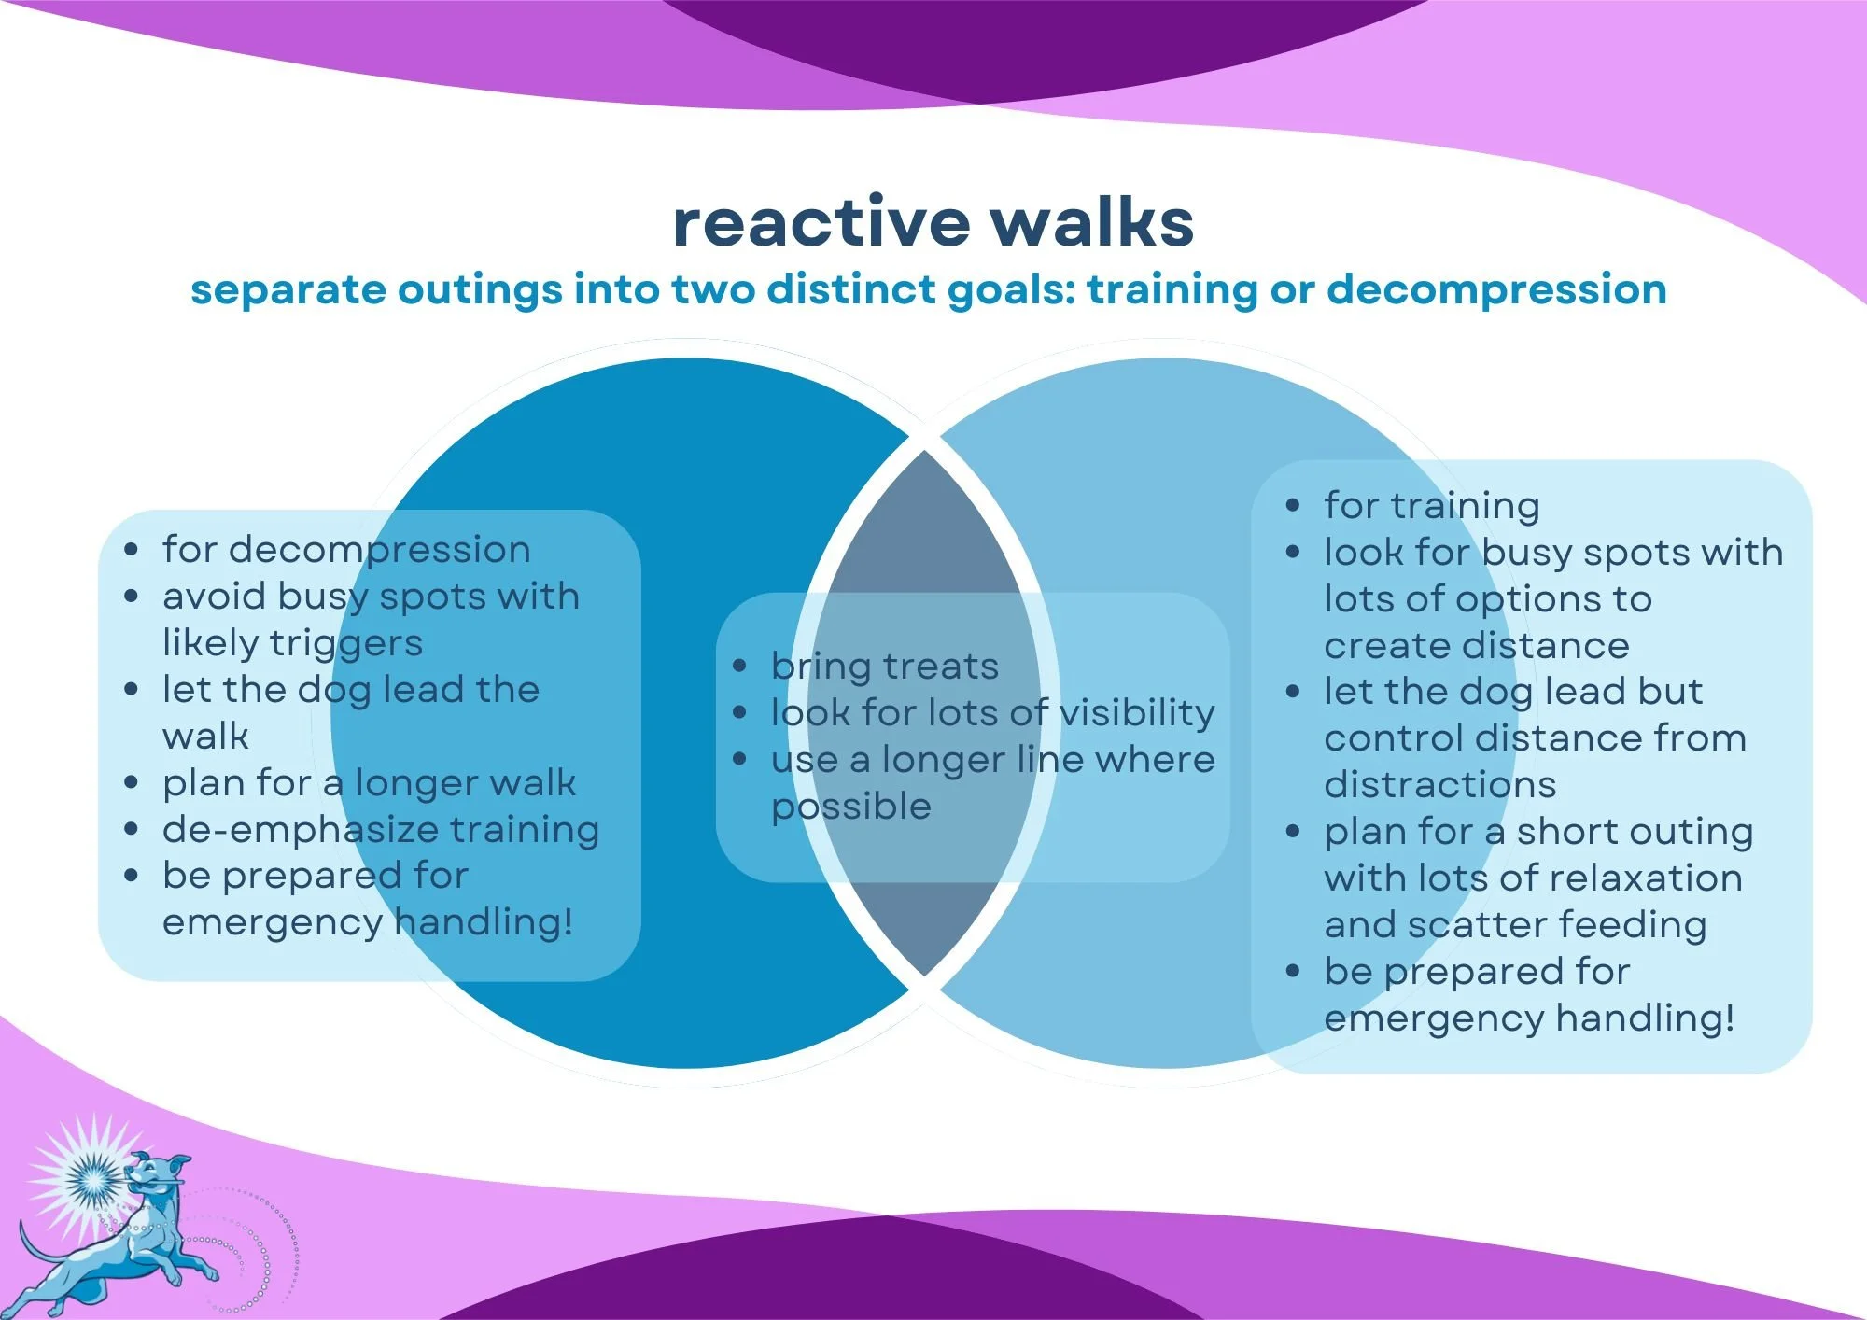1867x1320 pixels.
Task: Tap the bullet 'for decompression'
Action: (346, 550)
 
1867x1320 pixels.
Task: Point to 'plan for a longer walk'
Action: (369, 783)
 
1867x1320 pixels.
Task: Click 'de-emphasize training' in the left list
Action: (381, 830)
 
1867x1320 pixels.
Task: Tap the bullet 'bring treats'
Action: (884, 667)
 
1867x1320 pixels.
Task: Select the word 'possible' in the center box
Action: (851, 807)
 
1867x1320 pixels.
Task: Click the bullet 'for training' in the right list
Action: (1431, 506)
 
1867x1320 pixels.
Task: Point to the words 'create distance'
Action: (1476, 646)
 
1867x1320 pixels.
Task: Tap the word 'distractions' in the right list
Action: (1439, 785)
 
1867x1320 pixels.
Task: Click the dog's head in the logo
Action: (149, 1173)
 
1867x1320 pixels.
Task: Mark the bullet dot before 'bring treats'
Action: (739, 667)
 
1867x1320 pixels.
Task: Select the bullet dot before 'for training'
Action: (1293, 506)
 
